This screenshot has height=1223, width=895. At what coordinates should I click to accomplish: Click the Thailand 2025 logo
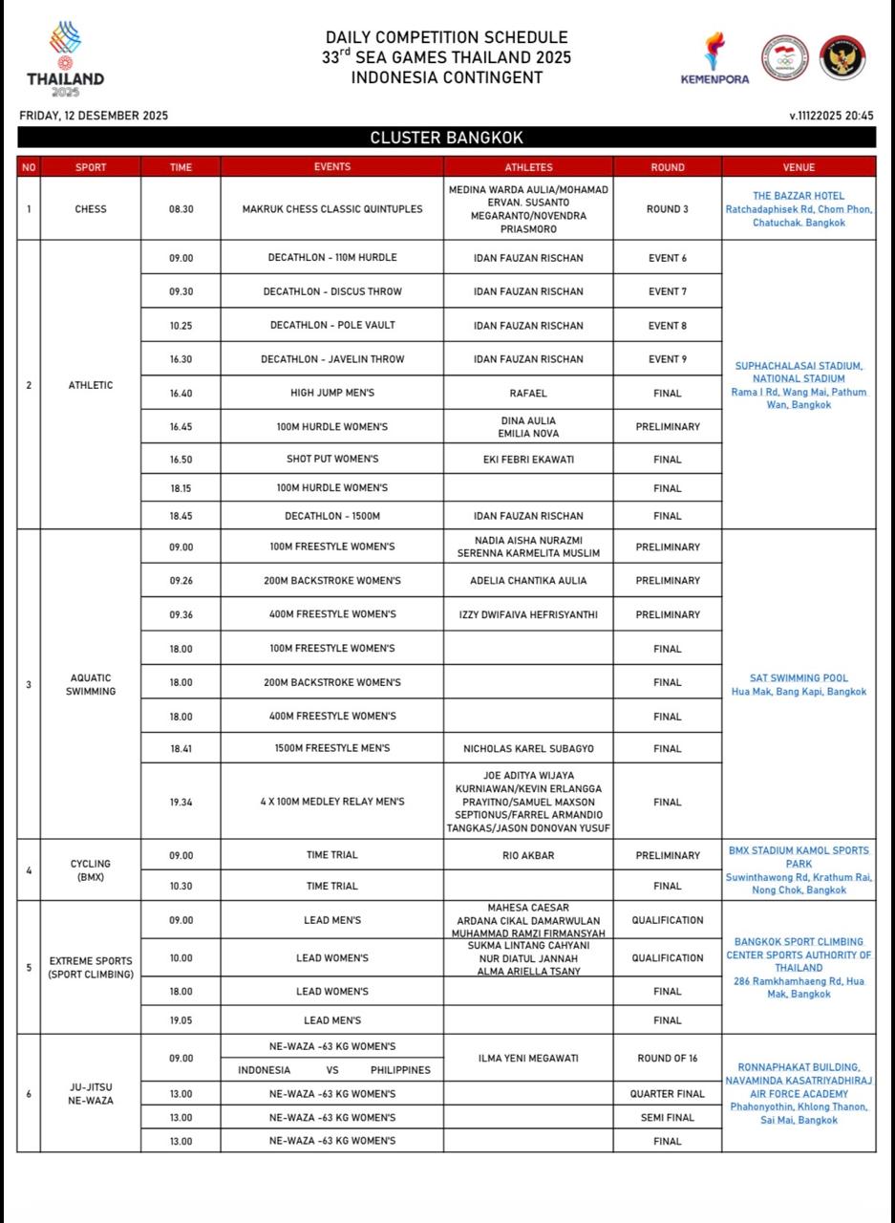point(65,59)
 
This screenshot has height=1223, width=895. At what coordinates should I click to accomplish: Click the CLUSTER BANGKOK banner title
point(446,138)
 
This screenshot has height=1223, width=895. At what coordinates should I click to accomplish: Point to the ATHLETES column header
point(528,167)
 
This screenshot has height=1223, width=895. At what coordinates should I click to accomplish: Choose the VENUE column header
point(799,167)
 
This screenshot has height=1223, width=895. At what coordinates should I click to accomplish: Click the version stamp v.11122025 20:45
point(831,116)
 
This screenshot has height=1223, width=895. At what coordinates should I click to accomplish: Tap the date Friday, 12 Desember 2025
point(94,116)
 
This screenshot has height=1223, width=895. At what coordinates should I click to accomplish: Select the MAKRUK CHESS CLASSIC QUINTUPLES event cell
point(331,208)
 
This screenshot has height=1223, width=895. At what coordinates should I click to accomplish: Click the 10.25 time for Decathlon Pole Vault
point(181,326)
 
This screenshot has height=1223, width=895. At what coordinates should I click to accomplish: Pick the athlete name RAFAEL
point(528,393)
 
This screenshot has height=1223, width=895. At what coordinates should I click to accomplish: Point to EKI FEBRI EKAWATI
point(528,460)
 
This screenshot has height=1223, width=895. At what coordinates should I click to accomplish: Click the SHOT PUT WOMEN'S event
point(331,460)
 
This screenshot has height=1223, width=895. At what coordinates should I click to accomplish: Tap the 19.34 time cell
point(181,803)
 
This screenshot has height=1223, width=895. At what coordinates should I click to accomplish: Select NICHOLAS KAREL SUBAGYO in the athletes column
point(528,749)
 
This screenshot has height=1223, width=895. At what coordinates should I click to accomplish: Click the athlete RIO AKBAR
point(528,856)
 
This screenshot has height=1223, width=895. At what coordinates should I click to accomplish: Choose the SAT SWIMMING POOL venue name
point(799,678)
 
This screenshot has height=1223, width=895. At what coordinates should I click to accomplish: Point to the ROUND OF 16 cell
point(668,1059)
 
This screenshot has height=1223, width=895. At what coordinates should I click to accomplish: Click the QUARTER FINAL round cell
point(668,1094)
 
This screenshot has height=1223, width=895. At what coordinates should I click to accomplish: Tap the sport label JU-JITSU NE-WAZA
point(91,1094)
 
